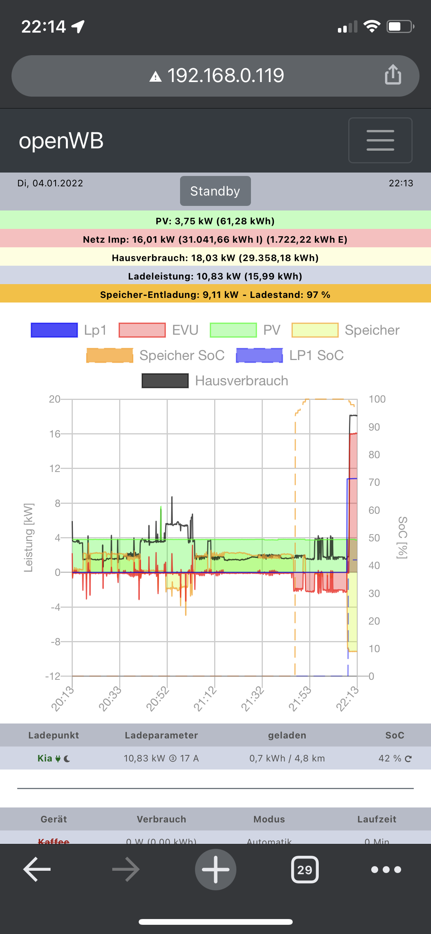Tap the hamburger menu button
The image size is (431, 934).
click(380, 140)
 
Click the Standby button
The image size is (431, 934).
click(215, 191)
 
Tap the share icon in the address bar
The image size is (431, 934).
click(393, 75)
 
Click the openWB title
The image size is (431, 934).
click(61, 141)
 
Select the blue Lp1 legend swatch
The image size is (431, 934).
click(54, 330)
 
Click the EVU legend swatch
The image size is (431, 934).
click(142, 330)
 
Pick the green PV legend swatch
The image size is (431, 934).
click(233, 330)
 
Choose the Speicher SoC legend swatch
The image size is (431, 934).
click(110, 355)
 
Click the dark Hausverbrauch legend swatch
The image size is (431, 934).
click(165, 381)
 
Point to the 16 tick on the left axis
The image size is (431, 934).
click(55, 434)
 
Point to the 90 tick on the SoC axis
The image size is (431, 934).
click(374, 427)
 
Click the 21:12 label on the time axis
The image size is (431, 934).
click(205, 699)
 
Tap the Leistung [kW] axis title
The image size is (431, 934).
click(29, 538)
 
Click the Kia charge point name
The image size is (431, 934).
click(45, 758)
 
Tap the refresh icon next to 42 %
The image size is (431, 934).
click(408, 759)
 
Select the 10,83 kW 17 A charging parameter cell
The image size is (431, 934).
click(161, 758)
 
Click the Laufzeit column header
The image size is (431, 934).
click(377, 819)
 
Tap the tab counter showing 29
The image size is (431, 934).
click(305, 870)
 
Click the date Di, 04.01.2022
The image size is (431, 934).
click(50, 183)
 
